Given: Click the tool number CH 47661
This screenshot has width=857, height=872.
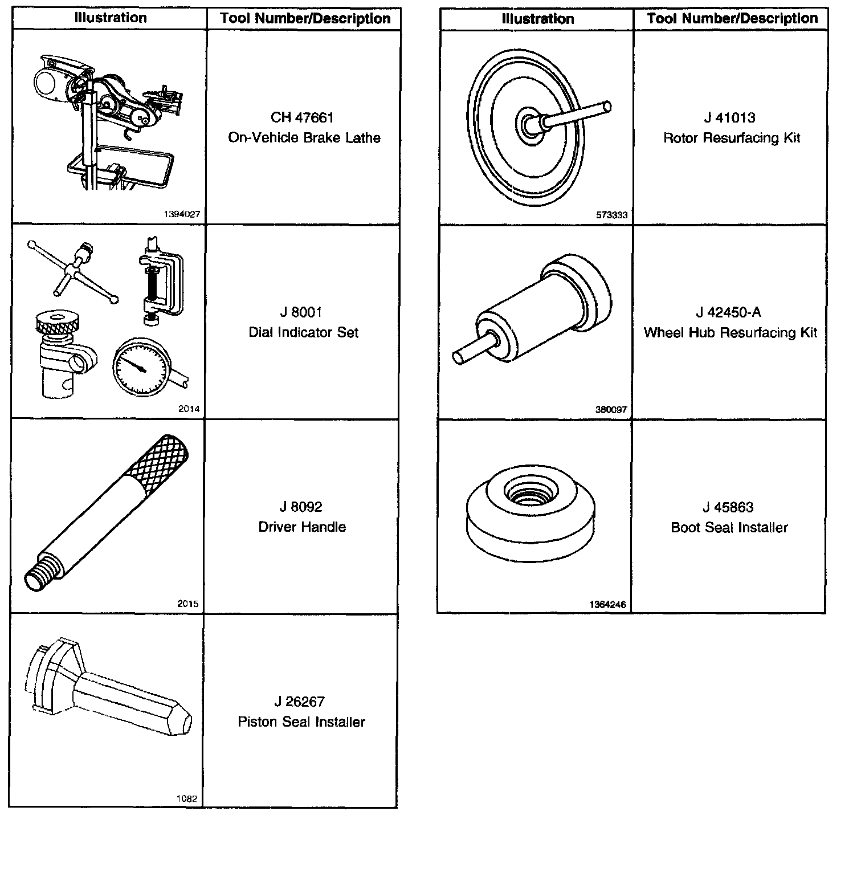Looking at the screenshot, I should (302, 117).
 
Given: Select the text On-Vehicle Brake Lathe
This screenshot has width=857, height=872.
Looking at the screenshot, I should (304, 138).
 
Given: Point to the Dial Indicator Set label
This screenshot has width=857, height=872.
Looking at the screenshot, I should (303, 332).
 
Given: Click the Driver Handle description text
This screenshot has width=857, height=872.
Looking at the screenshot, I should (302, 527).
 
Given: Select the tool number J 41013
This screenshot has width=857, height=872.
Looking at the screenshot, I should (729, 118).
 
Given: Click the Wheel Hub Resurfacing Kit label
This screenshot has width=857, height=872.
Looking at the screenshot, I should (731, 333).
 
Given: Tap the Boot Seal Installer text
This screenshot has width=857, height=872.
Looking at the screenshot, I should (729, 528).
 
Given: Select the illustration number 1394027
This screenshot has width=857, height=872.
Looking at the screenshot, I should (181, 215).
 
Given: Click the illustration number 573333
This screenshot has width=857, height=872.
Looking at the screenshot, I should (611, 215).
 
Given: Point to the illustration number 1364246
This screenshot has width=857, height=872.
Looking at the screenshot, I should (608, 605).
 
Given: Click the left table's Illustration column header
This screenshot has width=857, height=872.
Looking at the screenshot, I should (110, 18).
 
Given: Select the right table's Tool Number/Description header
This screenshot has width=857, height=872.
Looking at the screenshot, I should (732, 19).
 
